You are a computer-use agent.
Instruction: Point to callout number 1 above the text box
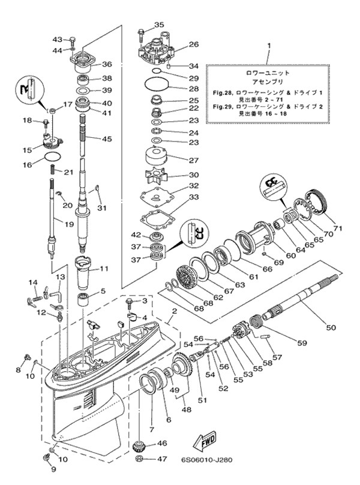269,46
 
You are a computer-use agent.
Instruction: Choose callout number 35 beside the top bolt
159,25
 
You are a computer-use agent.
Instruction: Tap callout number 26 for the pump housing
194,44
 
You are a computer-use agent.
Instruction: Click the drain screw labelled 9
46,459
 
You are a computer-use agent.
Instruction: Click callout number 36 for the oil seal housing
107,65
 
